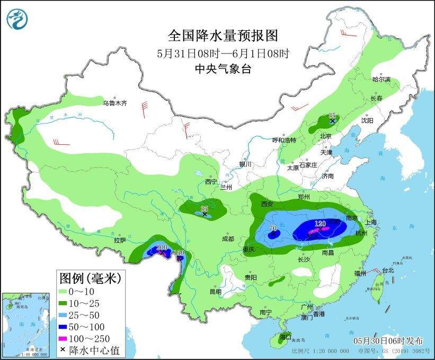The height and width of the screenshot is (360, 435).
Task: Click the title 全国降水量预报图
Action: click(223, 36)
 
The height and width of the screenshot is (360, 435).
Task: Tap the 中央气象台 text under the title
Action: click(223, 68)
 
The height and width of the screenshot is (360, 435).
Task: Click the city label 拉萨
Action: click(119, 240)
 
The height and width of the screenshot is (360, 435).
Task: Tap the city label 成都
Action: click(228, 239)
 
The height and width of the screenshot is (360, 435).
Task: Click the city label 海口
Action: click(286, 336)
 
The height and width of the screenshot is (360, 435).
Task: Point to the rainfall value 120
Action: click(320, 224)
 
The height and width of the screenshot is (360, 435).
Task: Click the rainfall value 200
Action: click(162, 248)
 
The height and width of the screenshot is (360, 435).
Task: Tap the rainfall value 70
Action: click(273, 229)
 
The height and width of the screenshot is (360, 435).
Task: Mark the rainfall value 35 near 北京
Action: click(332, 116)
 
